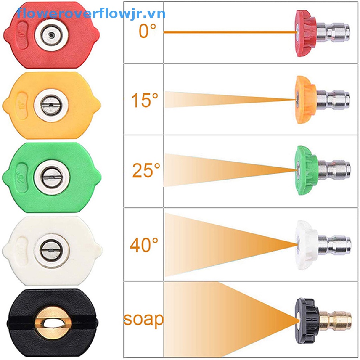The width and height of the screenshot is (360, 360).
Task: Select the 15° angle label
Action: tap(144, 100)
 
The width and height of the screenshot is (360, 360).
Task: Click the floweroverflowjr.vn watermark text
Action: tap(91, 14)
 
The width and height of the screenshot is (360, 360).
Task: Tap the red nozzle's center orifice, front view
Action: tap(51, 35)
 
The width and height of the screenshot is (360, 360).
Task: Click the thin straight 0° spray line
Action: tap(229, 32)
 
